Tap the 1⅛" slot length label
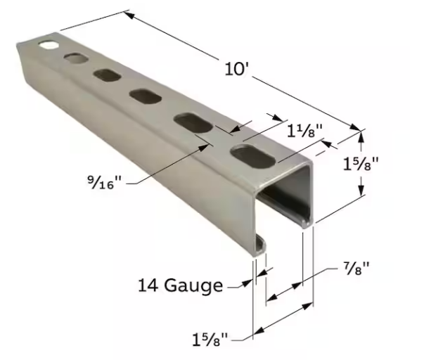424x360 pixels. coord(304,131)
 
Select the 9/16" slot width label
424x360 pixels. coord(104,182)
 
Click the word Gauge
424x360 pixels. coord(193,286)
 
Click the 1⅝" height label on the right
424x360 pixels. coord(361,164)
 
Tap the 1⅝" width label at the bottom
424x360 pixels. coord(210,339)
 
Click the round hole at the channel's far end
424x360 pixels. coord(49,44)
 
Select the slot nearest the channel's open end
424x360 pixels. coord(253,155)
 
